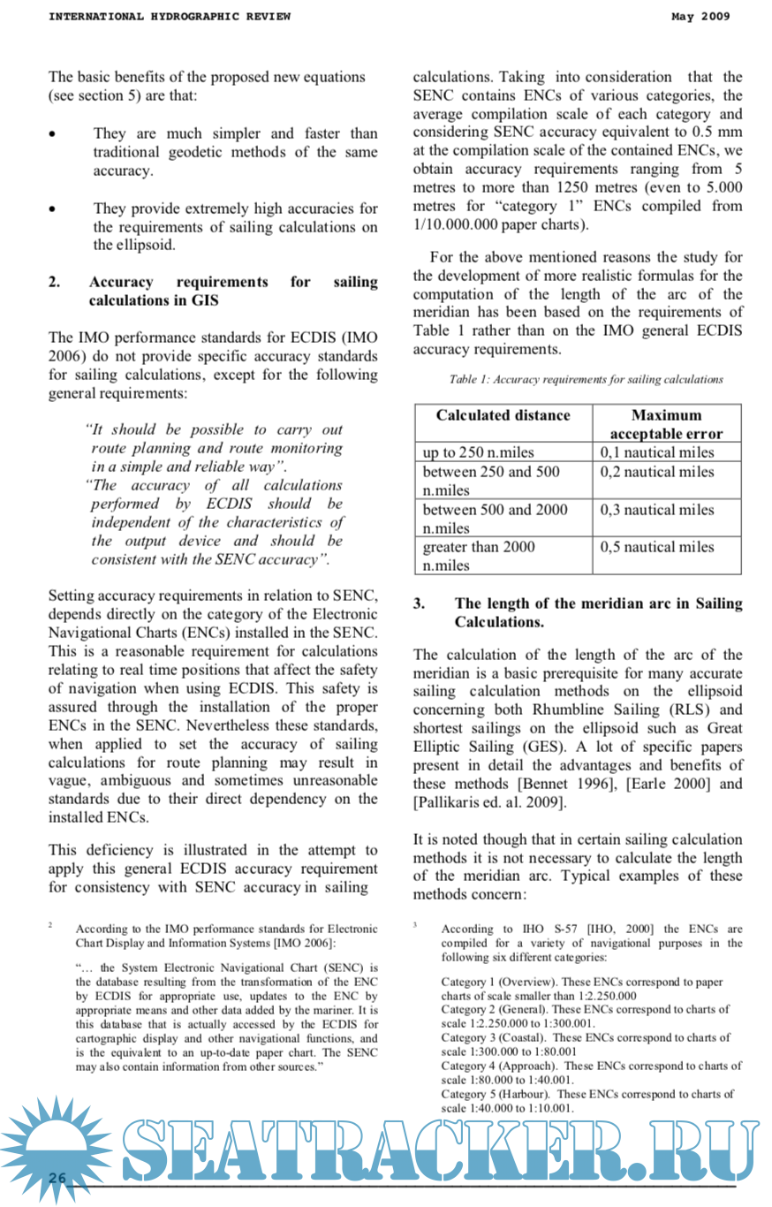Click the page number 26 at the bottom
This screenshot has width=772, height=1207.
(57, 1178)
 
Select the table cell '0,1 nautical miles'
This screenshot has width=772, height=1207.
(657, 452)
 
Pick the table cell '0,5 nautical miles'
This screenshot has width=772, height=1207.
(657, 547)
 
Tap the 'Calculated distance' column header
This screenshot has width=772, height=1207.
(503, 415)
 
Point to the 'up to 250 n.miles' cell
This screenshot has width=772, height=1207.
(478, 452)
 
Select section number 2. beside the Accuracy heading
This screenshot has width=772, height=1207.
(55, 282)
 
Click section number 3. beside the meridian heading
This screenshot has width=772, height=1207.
(420, 603)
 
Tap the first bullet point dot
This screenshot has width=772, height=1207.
(55, 134)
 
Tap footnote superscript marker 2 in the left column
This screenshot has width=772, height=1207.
(51, 924)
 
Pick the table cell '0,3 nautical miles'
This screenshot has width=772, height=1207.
(657, 510)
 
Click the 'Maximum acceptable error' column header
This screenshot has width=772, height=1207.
(666, 424)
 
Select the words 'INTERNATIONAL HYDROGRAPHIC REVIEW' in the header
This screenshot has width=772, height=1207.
(169, 16)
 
